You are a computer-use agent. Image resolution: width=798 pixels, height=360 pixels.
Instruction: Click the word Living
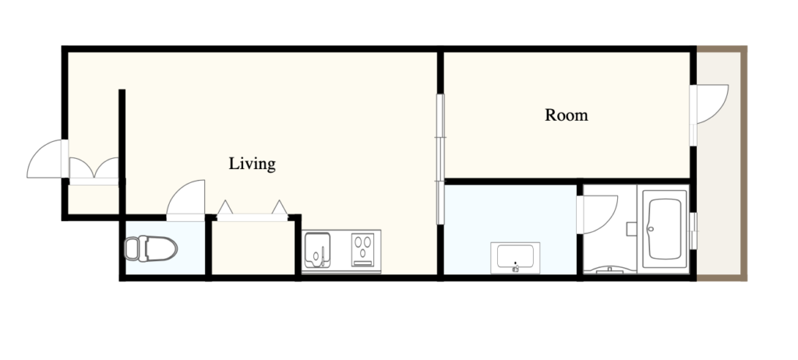coord(252,164)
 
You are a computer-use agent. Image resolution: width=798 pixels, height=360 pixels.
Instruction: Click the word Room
coord(567,115)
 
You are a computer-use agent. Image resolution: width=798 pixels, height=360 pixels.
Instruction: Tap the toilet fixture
coord(150,249)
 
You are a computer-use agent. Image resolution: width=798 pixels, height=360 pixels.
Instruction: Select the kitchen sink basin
coord(316,250)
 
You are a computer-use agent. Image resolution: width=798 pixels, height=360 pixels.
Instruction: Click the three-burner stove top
coord(363,249)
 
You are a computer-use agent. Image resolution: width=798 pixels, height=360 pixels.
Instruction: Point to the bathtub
coord(665,228)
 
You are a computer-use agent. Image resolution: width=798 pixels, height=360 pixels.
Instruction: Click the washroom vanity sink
coord(515,258)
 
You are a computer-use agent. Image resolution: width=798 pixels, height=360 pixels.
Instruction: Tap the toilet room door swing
coord(185,200)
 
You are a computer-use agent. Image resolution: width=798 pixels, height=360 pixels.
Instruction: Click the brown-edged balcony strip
coord(719,164)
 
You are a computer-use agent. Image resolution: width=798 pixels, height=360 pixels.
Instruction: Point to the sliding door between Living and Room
coord(440,159)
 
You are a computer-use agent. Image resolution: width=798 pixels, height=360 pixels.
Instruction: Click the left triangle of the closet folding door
coord(225,207)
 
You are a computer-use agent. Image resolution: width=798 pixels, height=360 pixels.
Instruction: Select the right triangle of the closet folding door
coord(280,207)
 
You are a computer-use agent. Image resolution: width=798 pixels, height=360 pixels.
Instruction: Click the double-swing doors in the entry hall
coord(94,168)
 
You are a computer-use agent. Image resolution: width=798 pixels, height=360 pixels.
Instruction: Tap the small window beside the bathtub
coord(693,231)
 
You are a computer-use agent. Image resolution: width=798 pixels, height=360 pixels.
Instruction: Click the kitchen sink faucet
coord(322,256)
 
